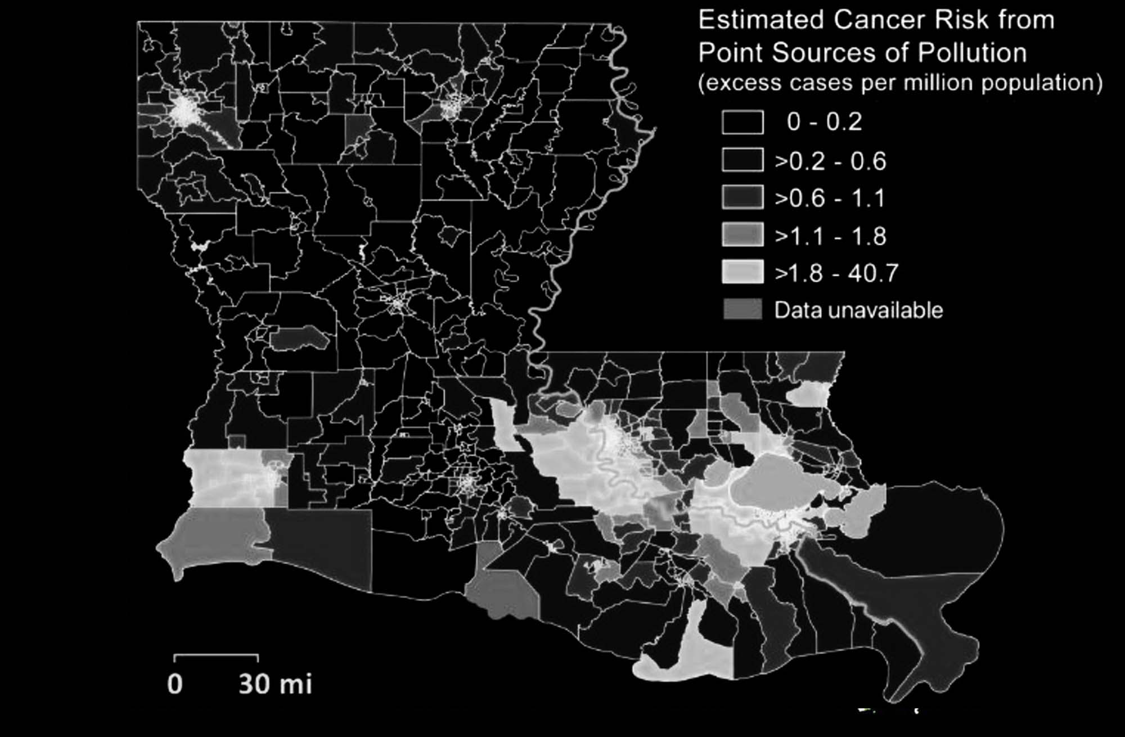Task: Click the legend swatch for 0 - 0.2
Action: click(742, 122)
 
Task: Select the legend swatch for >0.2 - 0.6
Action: click(742, 160)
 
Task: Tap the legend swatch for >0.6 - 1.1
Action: click(742, 197)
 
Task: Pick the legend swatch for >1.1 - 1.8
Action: click(742, 235)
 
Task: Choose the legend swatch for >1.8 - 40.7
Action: click(742, 272)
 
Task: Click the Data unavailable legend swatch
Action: click(742, 309)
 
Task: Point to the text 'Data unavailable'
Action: click(858, 310)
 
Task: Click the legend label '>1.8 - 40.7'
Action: click(836, 273)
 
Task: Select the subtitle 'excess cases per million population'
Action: click(900, 83)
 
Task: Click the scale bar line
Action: click(217, 655)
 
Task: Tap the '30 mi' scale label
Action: click(275, 684)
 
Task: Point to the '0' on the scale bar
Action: click(175, 684)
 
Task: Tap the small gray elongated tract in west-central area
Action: click(299, 338)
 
